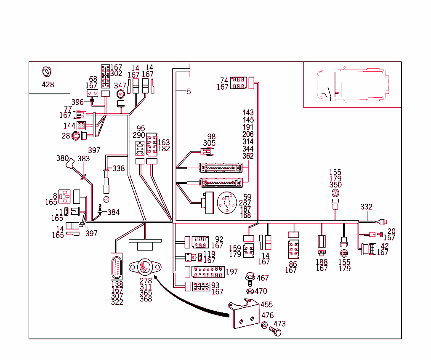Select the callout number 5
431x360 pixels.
pyautogui.click(x=189, y=91)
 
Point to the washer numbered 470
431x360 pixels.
pyautogui.click(x=249, y=291)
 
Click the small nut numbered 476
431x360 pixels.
pyautogui.click(x=265, y=325)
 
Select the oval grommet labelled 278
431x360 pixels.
pyautogui.click(x=144, y=267)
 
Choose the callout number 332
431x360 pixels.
pyautogui.click(x=366, y=207)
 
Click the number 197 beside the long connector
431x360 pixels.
pyautogui.click(x=231, y=272)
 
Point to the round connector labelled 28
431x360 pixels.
pyautogui.click(x=77, y=136)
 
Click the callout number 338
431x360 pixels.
pyautogui.click(x=118, y=168)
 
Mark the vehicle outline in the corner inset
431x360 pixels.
pyautogui.click(x=352, y=84)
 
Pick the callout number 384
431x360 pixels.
pyautogui.click(x=114, y=212)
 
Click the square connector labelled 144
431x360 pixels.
pyautogui.click(x=81, y=125)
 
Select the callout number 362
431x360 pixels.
pyautogui.click(x=248, y=156)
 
